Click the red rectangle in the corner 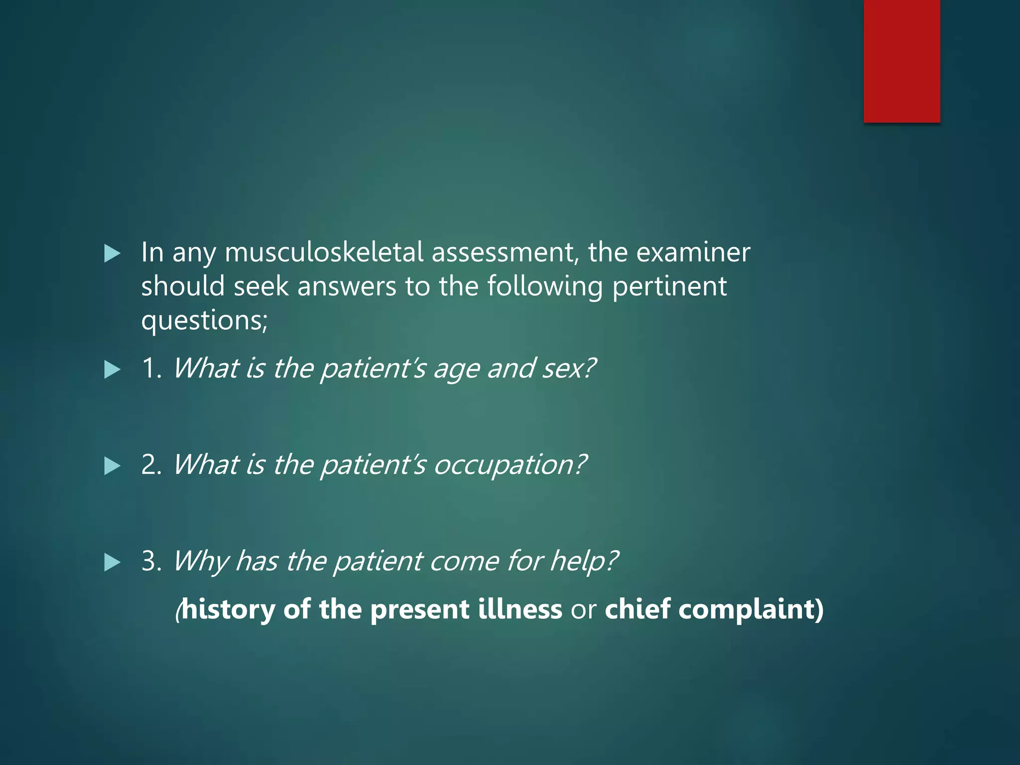pyautogui.click(x=901, y=61)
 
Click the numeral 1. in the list pyautogui.click(x=151, y=369)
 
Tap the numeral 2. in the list pyautogui.click(x=151, y=465)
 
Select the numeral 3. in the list pyautogui.click(x=151, y=561)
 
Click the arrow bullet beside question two pyautogui.click(x=113, y=467)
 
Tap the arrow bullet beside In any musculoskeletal pyautogui.click(x=113, y=254)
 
